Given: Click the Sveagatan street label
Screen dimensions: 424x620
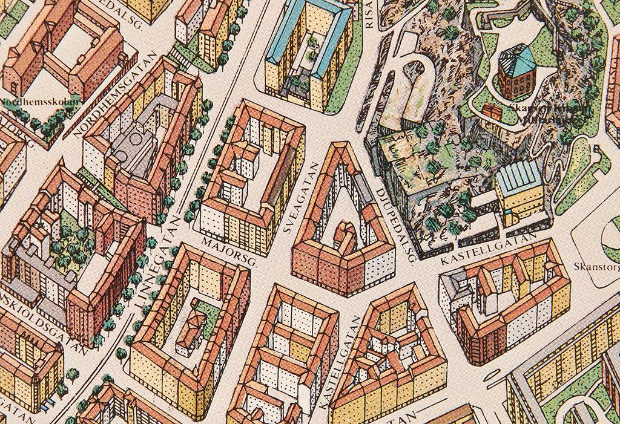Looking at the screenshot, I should tap(302, 200).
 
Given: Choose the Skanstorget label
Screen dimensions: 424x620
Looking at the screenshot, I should tap(596, 267).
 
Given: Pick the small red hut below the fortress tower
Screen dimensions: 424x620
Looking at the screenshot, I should tap(492, 112).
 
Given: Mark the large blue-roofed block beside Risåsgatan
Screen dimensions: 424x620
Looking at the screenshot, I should tap(309, 51).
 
